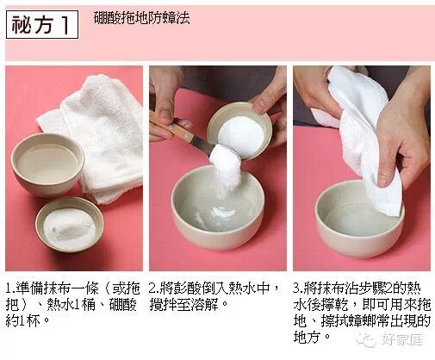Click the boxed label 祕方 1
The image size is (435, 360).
click(x=42, y=25)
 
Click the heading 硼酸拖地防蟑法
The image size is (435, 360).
click(x=142, y=18)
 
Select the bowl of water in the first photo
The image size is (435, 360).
click(x=47, y=164)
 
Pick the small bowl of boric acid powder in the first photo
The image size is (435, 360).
click(x=70, y=225)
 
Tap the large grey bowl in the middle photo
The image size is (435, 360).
click(x=218, y=208)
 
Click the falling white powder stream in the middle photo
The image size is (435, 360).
click(x=226, y=171)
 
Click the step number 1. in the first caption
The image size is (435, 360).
click(x=11, y=289)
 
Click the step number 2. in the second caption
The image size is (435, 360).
click(x=154, y=289)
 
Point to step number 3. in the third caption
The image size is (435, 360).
click(x=299, y=289)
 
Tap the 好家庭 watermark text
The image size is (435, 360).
click(x=402, y=340)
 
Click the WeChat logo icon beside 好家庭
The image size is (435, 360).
click(x=366, y=340)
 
